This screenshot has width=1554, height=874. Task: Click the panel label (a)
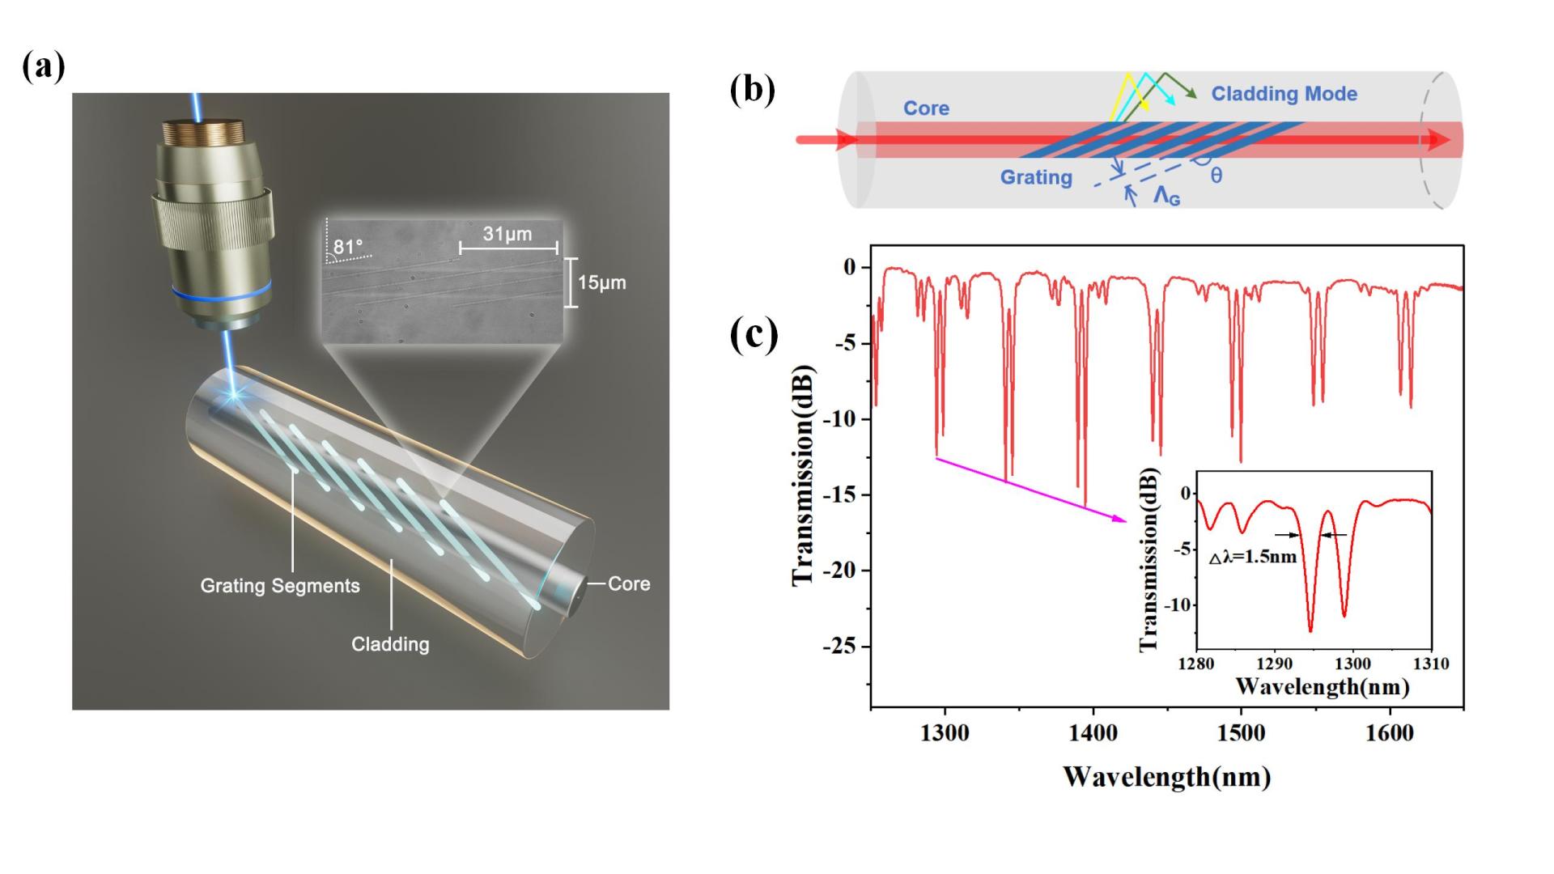pos(44,66)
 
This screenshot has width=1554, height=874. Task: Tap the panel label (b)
pos(752,90)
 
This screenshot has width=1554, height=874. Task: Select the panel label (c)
pos(754,334)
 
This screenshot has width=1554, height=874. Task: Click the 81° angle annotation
pos(348,247)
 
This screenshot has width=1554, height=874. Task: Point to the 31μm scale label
pos(507,234)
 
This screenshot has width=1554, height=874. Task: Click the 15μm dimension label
pos(601,283)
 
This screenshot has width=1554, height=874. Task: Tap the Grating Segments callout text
pos(280,586)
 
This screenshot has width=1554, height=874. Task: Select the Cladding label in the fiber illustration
pos(390,644)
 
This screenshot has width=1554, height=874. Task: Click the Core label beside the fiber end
pos(629,583)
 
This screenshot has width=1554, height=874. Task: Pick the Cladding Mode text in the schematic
pos(1284,94)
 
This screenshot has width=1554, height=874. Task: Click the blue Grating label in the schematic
pos(1036,177)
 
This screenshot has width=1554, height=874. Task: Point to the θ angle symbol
pos(1216,176)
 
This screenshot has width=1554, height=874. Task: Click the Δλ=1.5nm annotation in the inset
pos(1253,557)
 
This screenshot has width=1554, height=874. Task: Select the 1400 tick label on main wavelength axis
pos(1093,733)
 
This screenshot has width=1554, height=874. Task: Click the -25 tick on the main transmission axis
pos(840,647)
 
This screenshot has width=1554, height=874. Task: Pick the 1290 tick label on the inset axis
pos(1275,664)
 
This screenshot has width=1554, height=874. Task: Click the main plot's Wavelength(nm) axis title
pos(1166,777)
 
